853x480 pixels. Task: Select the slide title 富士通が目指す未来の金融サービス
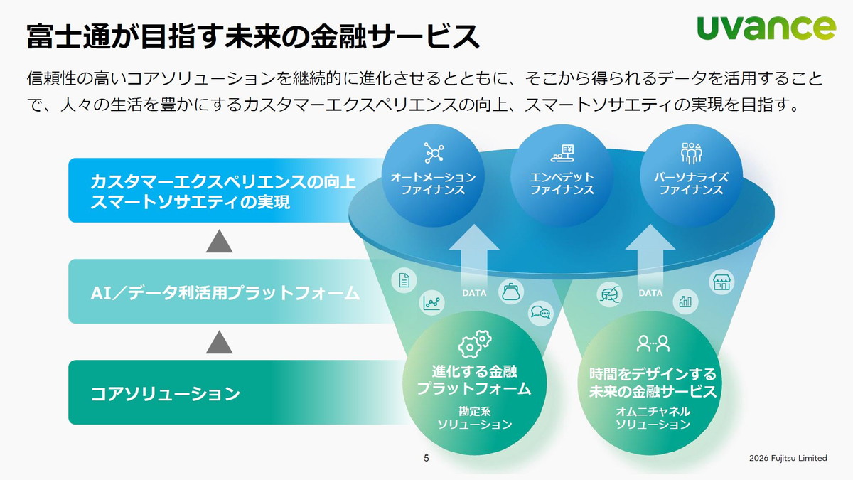[253, 36]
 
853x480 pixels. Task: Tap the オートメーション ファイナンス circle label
[433, 183]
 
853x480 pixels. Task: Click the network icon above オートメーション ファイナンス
[433, 152]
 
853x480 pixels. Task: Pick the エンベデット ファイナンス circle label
[562, 183]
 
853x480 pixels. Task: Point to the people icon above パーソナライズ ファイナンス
[691, 152]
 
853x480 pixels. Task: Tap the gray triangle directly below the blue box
[220, 242]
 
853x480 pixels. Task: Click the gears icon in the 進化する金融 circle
[474, 344]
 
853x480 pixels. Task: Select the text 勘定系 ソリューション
[474, 417]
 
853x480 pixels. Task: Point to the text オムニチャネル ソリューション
[653, 417]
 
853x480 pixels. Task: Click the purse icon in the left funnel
[510, 292]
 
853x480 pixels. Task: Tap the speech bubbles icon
[540, 313]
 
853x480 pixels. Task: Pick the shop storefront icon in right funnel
[721, 282]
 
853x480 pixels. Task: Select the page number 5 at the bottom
[426, 459]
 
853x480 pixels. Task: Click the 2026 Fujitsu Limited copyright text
[788, 459]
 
